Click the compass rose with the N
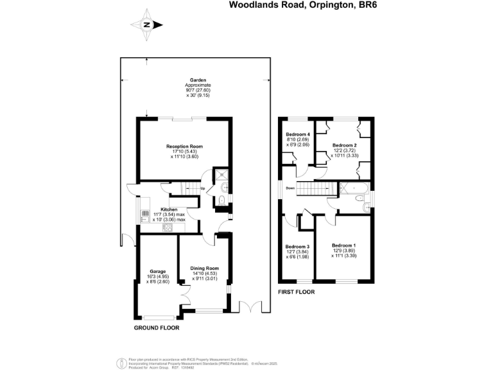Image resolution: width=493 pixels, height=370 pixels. (x=146, y=25)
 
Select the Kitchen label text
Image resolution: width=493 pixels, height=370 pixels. (x=169, y=209)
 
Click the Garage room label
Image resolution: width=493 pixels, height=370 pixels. (x=158, y=271)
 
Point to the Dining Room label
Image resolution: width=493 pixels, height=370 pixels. (x=205, y=268)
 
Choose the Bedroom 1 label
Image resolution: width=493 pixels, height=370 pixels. (x=343, y=245)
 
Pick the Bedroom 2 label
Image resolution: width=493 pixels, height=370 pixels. (x=345, y=145)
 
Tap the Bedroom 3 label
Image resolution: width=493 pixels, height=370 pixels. (x=297, y=247)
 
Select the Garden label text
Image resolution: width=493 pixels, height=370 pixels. (x=198, y=80)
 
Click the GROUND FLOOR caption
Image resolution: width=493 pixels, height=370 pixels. (x=156, y=328)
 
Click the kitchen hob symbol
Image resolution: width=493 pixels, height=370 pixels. (x=169, y=227)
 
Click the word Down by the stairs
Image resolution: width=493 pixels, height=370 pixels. (x=290, y=189)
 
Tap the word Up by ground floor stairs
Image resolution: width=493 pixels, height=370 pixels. (x=202, y=188)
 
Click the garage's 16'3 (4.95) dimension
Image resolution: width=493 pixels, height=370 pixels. (x=158, y=276)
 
